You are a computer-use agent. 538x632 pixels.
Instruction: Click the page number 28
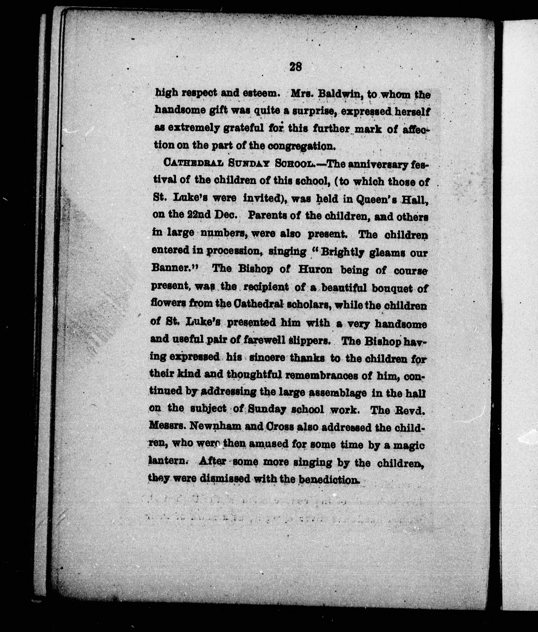pos(295,66)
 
